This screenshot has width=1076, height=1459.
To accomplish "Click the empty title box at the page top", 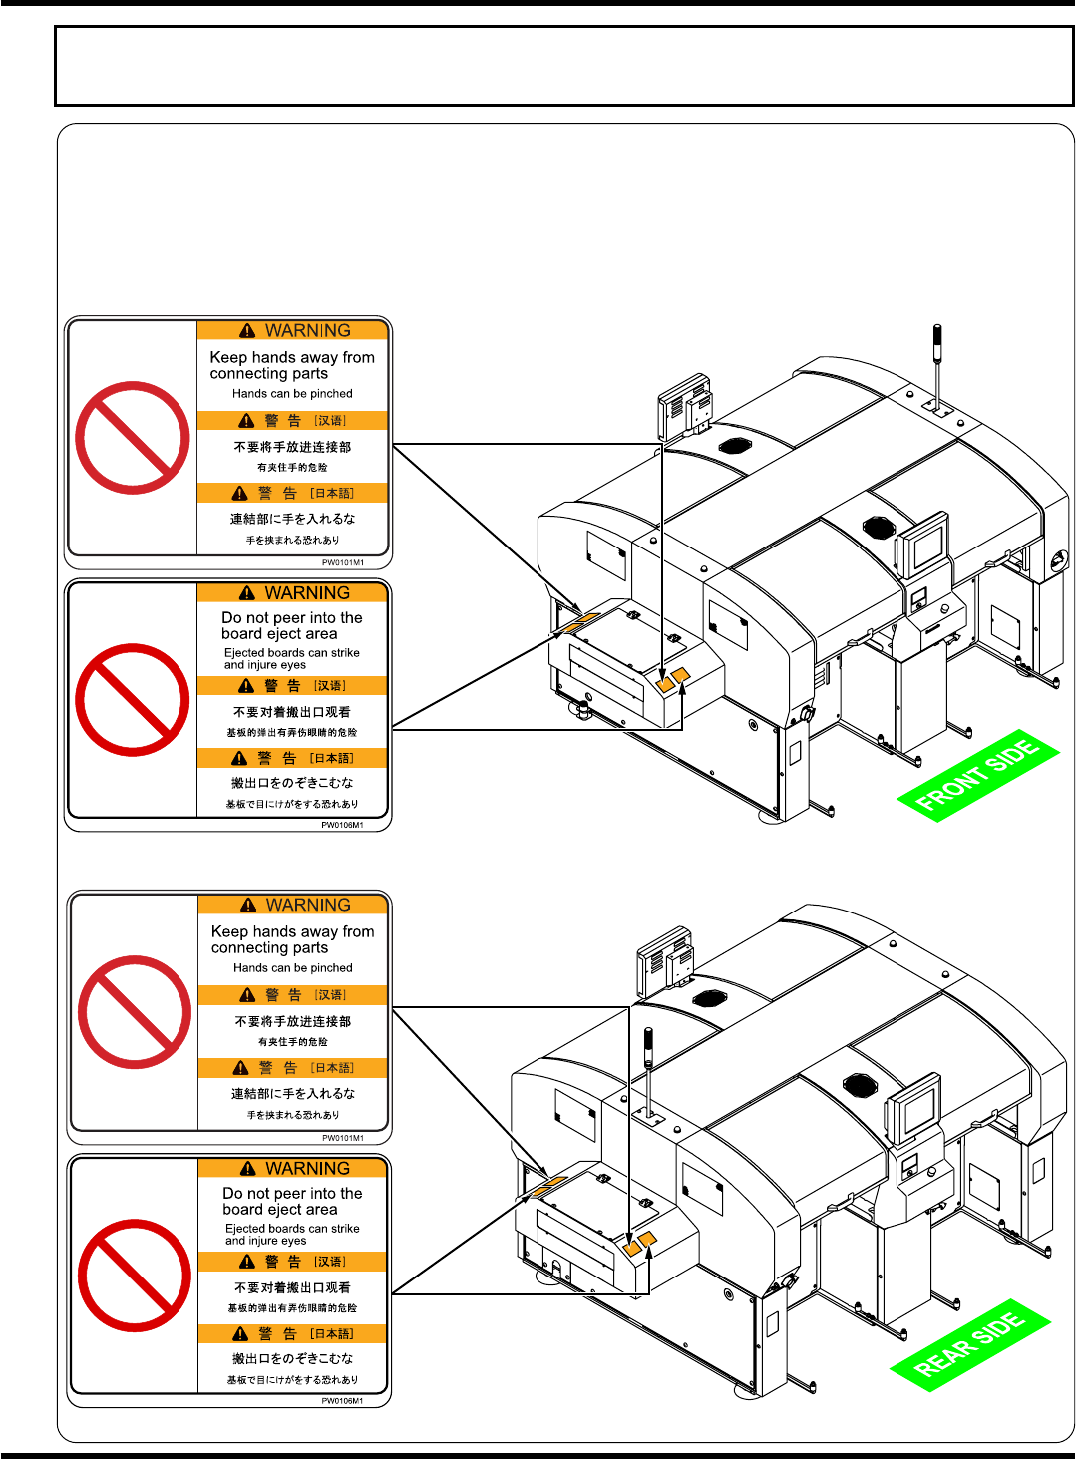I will point(563,66).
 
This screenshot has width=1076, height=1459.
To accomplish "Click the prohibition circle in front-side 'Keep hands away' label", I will point(133,438).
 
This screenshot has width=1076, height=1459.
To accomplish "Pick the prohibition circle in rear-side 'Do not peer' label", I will point(135,1276).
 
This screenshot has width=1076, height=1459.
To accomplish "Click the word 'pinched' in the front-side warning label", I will point(331,394).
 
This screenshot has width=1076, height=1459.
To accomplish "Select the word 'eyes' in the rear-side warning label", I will point(293,1242).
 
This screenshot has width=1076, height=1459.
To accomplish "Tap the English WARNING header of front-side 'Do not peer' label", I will point(307,593).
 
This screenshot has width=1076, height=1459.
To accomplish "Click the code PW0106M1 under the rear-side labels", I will point(342,1401).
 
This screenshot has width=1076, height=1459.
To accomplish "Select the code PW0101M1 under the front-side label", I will point(342,562).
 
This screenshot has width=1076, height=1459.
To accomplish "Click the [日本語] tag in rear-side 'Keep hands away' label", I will point(332,1068).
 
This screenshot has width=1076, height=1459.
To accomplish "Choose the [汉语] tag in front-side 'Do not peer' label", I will point(330,686).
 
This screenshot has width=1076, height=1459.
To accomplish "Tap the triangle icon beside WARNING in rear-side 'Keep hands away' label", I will point(248,906).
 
